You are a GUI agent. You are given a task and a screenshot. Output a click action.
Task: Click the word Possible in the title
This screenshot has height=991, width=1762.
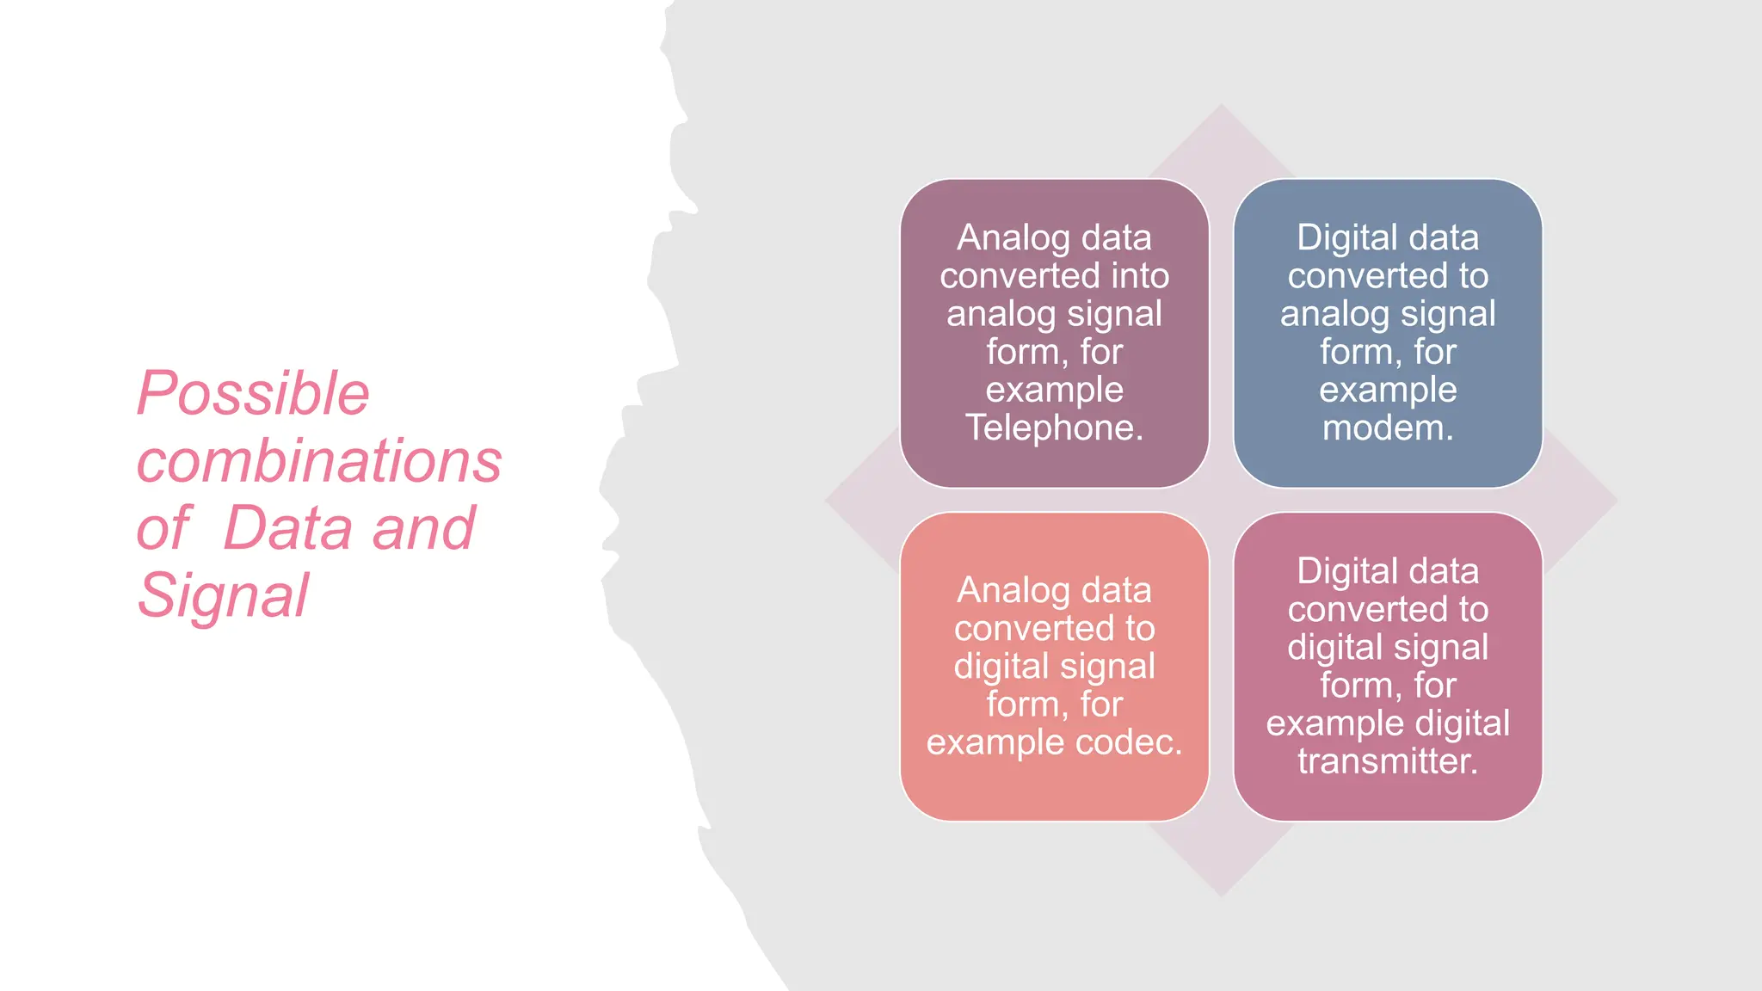click(x=253, y=394)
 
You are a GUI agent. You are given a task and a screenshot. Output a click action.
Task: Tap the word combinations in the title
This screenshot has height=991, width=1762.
click(x=319, y=461)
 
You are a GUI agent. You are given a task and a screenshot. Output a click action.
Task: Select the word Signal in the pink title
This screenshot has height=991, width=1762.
click(x=223, y=595)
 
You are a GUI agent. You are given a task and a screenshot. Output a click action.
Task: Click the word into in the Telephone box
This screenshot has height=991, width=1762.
click(x=1140, y=276)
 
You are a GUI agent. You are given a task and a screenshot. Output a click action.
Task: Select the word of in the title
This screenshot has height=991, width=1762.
click(x=163, y=528)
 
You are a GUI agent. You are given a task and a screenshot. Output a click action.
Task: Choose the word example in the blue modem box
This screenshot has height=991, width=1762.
click(x=1388, y=390)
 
